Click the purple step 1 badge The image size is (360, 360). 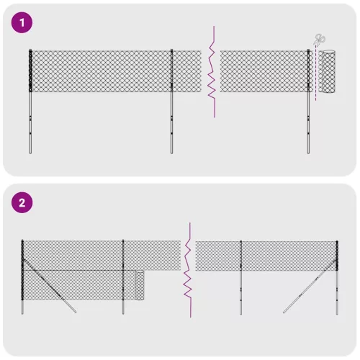pos(23,23)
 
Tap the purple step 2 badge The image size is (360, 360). pos(23,202)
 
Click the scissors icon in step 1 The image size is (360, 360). pos(319,40)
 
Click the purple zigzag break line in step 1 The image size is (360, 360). pos(212,72)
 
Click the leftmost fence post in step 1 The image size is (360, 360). pos(30,108)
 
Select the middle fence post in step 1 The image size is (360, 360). pos(172,108)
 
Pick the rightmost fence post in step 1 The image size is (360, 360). pos(309,108)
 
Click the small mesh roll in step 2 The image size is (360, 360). pos(140,287)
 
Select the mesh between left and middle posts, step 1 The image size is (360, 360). pos(101,71)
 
